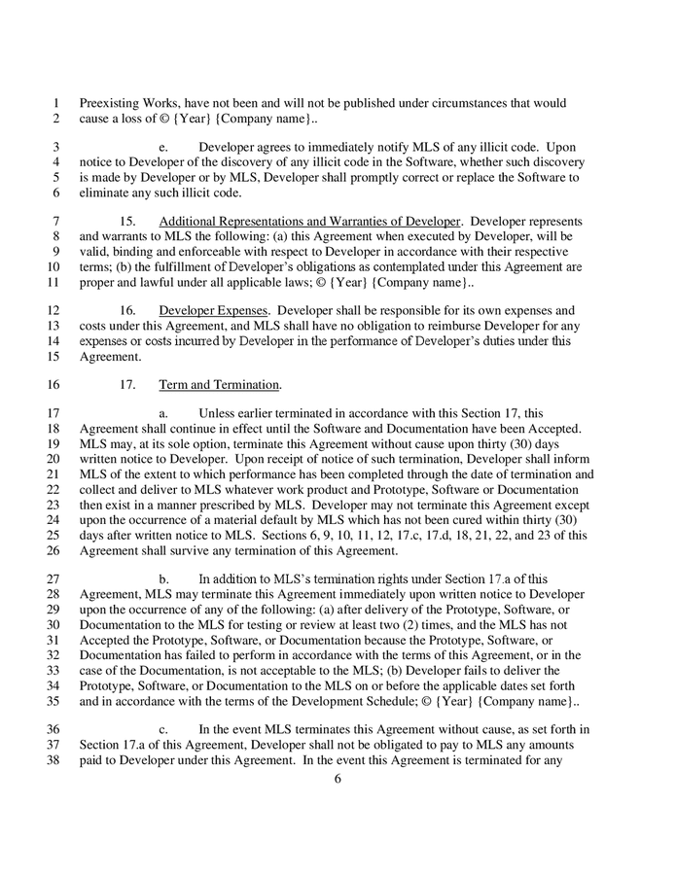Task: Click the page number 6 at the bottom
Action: coord(338,779)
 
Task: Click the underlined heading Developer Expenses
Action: coord(200,310)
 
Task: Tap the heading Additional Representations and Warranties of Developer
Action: coord(308,222)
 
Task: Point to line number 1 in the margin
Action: coord(56,103)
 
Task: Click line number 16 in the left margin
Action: coord(53,384)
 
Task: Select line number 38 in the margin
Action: coord(53,761)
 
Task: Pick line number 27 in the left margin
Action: coord(53,579)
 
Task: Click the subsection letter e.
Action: coord(163,146)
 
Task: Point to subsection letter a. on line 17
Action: coord(163,413)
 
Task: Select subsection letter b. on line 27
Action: coord(163,579)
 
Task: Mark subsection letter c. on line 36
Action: coord(163,729)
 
